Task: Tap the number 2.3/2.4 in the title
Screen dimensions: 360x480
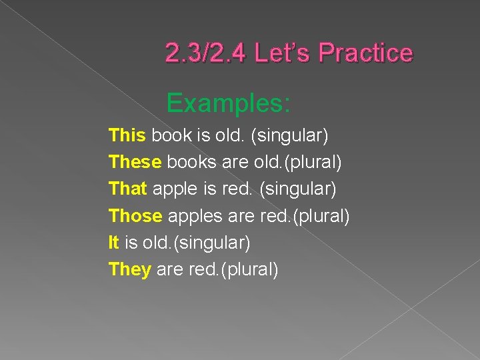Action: point(204,52)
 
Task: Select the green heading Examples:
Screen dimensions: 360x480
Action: point(229,103)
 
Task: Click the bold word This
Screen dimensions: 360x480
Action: point(127,135)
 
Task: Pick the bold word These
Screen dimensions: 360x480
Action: point(135,162)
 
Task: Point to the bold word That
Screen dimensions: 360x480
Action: point(127,189)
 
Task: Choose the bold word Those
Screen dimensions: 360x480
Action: point(135,216)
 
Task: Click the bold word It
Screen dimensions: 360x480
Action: point(113,243)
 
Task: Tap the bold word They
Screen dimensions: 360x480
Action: point(129,270)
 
